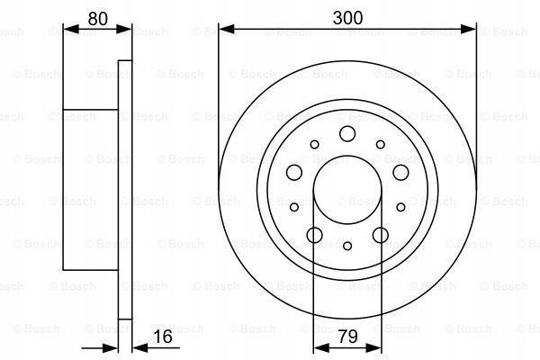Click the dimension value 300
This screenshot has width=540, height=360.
click(347, 18)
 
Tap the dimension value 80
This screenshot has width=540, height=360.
click(98, 19)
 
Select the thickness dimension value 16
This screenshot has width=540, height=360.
click(163, 337)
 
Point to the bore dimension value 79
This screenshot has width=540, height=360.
click(347, 337)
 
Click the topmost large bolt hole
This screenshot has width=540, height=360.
click(347, 134)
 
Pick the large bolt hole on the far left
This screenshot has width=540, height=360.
click(294, 172)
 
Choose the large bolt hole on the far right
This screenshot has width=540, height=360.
click(400, 172)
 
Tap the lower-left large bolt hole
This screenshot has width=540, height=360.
click(314, 235)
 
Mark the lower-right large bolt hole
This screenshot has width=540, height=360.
click(381, 235)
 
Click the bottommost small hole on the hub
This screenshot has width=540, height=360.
click(347, 246)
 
